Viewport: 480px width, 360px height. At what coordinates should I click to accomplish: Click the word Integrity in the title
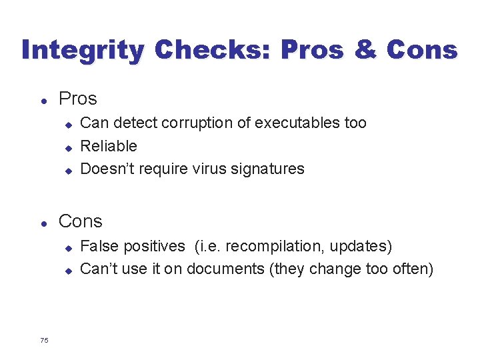point(82,51)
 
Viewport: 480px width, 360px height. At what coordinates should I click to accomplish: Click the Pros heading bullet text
point(78,99)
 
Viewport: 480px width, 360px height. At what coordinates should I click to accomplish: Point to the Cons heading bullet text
point(81,221)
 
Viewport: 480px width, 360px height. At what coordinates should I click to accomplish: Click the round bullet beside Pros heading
point(43,100)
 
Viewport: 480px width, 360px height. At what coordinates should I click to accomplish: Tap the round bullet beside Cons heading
point(43,223)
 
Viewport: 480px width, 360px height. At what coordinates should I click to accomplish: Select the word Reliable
point(109,146)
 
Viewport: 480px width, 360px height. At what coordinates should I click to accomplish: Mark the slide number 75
point(44,341)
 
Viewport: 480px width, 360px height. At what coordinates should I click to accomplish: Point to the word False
point(98,246)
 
